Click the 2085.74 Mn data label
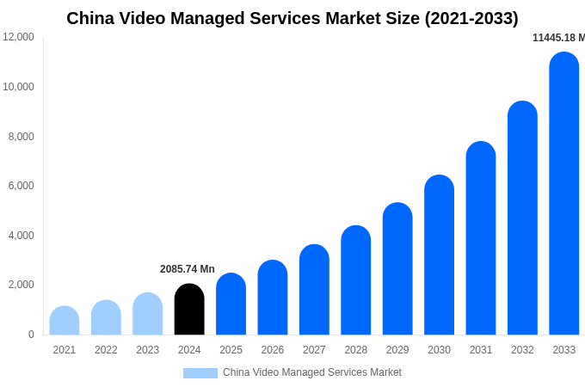(188, 269)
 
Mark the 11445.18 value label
(558, 38)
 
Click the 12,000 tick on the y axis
(19, 37)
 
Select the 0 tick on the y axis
(31, 335)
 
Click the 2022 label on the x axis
(106, 350)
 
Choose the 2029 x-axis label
(397, 350)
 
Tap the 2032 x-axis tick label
(522, 350)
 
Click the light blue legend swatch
(200, 373)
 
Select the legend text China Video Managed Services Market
(312, 372)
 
